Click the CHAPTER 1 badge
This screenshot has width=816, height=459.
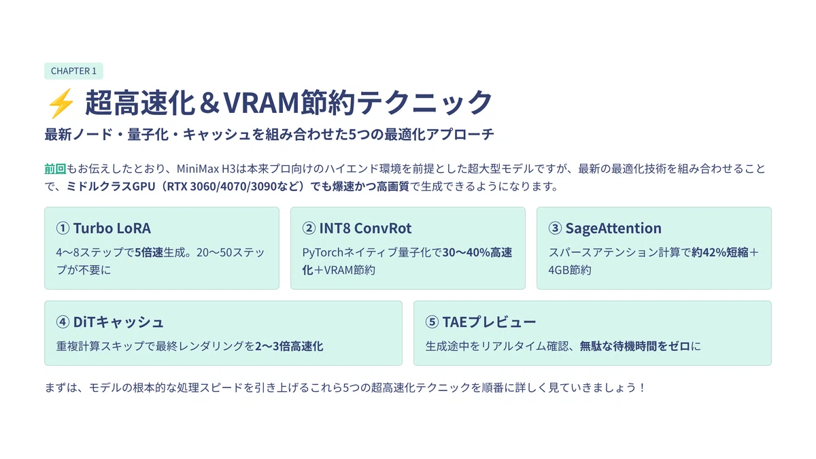tap(73, 71)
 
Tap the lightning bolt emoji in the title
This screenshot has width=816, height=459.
tap(61, 103)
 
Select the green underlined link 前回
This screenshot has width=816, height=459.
tap(55, 169)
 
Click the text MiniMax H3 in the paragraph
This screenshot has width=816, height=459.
tap(206, 169)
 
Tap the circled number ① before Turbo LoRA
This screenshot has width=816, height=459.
tap(63, 228)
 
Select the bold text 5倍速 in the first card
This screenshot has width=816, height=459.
tap(149, 252)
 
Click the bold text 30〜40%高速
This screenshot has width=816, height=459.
tap(477, 252)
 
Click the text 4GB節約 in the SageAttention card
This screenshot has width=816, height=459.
tap(570, 270)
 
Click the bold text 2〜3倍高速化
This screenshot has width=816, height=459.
tap(289, 345)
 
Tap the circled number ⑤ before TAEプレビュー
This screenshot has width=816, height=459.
tap(432, 322)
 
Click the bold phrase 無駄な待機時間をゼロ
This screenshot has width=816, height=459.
tap(635, 345)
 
